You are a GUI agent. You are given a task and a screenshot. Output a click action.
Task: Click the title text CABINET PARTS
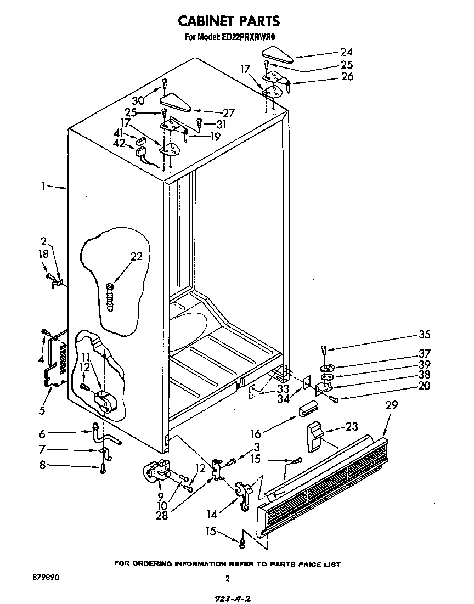point(229,21)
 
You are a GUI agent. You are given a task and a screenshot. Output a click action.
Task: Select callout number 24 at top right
point(346,52)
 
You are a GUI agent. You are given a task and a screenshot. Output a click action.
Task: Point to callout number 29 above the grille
point(391,405)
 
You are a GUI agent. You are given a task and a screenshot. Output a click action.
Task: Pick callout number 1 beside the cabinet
point(43,186)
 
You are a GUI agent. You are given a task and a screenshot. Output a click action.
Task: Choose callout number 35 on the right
point(409,335)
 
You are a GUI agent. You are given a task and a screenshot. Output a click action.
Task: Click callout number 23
point(353,425)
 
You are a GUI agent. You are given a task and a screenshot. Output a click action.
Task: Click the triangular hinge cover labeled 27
point(174,102)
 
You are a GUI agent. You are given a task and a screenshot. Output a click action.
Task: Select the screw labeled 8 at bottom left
point(103,468)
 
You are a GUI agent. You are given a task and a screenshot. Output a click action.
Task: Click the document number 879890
point(46,578)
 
